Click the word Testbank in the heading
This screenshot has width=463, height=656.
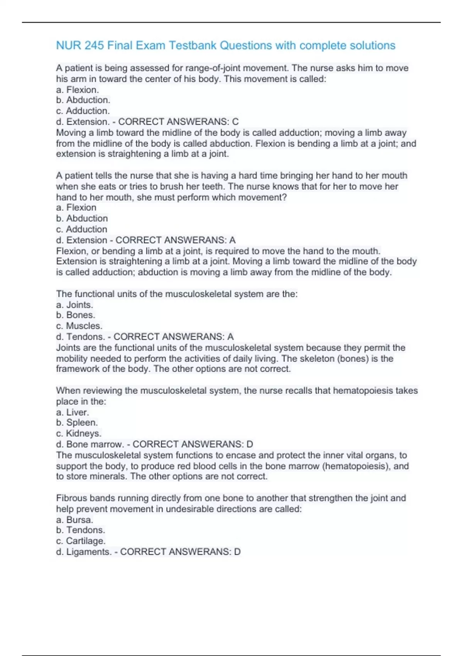(193, 46)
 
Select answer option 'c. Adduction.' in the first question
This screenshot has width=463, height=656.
(83, 111)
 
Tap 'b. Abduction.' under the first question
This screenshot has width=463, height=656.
(83, 100)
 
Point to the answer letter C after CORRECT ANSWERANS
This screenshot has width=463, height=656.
(235, 122)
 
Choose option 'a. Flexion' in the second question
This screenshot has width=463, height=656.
(76, 208)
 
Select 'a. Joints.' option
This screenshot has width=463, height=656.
(74, 305)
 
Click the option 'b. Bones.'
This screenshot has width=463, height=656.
(76, 315)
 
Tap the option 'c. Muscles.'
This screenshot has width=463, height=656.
(79, 326)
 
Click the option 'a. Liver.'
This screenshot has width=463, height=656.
(73, 412)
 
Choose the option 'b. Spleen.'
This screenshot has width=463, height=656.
(77, 423)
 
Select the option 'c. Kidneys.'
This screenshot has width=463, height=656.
(79, 433)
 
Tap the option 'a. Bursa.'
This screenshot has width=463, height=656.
(74, 520)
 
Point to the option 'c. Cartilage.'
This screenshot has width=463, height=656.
(81, 541)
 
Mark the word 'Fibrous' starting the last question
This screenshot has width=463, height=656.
(71, 498)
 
